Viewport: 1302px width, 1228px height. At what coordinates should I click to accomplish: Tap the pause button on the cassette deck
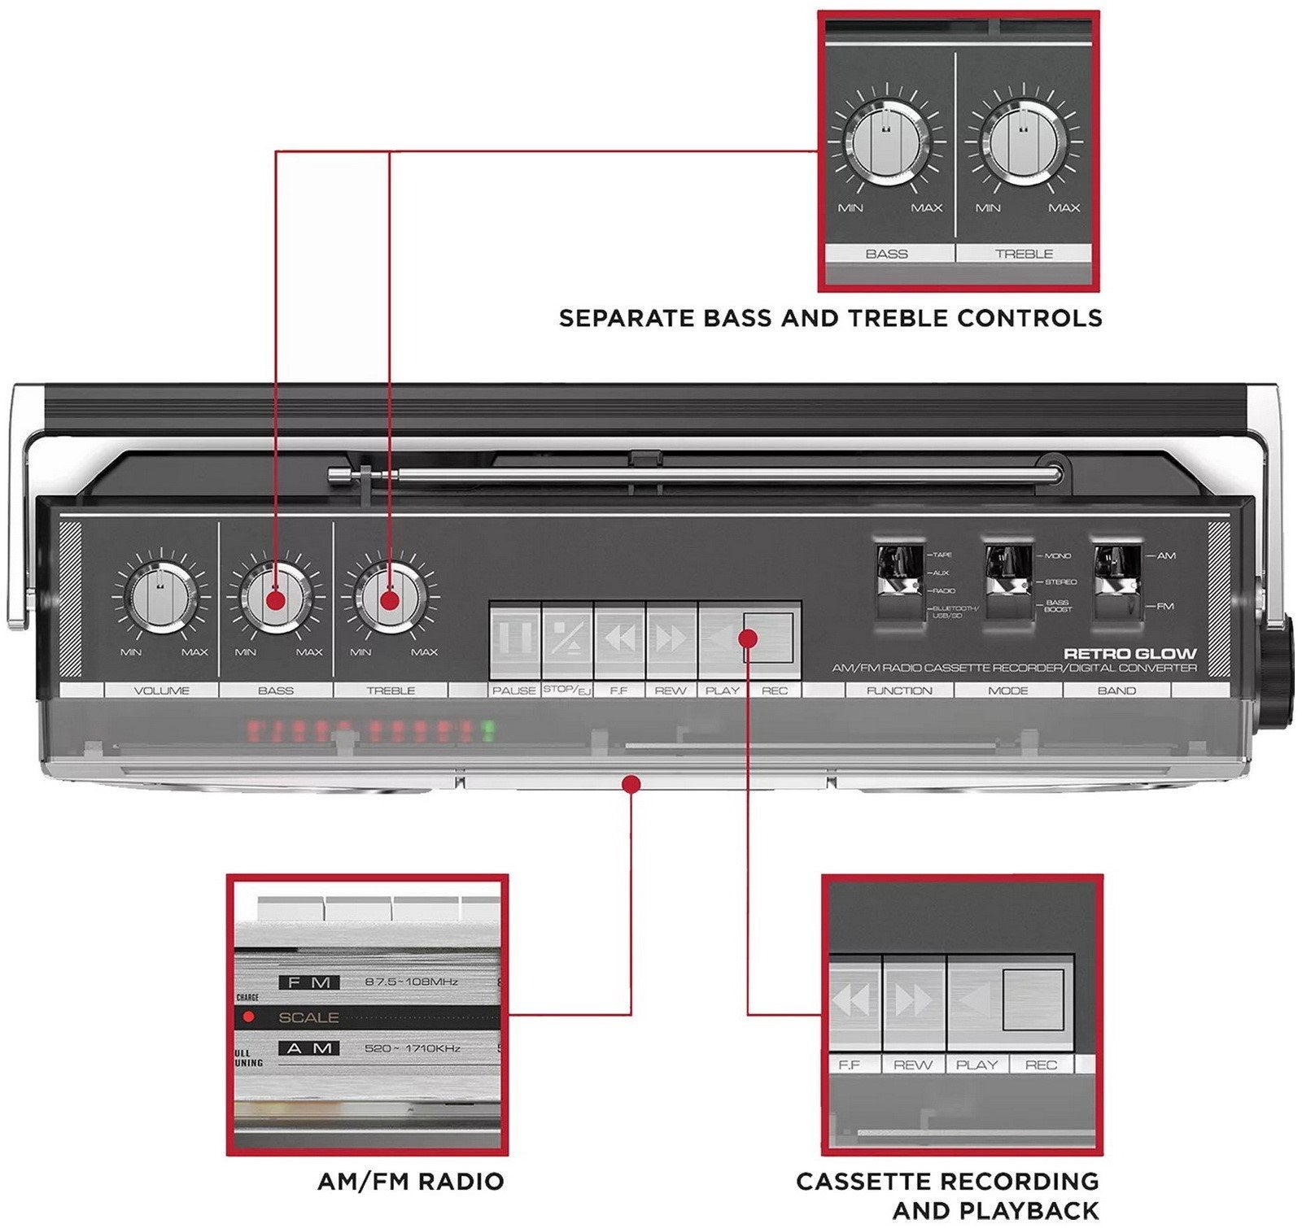tap(514, 640)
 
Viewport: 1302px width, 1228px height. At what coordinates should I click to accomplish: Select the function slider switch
tap(899, 581)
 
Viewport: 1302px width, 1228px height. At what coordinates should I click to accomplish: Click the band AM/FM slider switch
tap(1116, 581)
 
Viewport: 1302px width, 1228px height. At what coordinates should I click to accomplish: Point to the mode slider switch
tap(1008, 581)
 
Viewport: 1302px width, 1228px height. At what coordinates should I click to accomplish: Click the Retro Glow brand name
tap(1130, 653)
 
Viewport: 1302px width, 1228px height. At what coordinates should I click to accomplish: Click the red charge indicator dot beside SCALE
tap(249, 1017)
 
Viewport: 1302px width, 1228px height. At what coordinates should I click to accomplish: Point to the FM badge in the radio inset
tap(309, 982)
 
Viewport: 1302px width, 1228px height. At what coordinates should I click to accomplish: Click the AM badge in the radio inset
tap(309, 1048)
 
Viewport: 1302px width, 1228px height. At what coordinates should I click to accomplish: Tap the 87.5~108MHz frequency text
tap(411, 982)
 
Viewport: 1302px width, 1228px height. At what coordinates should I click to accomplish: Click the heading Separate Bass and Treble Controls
tap(830, 318)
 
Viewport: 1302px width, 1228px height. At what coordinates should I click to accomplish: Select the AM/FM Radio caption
tap(411, 1181)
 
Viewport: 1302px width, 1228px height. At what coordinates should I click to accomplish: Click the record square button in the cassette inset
tap(1033, 999)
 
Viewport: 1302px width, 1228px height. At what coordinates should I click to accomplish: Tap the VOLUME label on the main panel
tap(161, 690)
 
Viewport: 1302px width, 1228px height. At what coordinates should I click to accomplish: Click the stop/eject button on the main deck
tap(567, 640)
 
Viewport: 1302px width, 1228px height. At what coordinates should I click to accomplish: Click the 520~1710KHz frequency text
tap(412, 1048)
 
